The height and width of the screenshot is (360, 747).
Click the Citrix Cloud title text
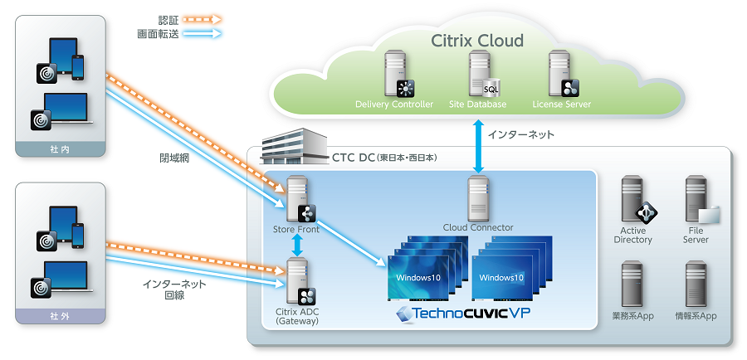coord(477,40)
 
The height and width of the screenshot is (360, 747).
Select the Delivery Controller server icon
coord(394,74)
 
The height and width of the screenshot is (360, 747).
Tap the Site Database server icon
coord(477,74)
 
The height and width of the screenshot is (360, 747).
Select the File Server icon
coord(696,200)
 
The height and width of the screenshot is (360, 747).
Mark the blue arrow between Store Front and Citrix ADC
coord(296,244)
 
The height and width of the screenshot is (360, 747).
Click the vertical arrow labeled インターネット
coord(477,146)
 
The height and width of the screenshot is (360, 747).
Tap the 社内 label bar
coord(61,149)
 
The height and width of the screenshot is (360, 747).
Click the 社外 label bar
coord(61,315)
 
